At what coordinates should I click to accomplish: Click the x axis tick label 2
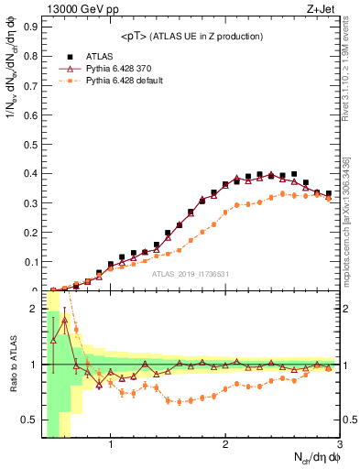pos(225,446)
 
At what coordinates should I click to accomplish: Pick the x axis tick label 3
pos(339,446)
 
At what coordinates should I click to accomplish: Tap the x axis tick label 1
pos(111,446)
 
